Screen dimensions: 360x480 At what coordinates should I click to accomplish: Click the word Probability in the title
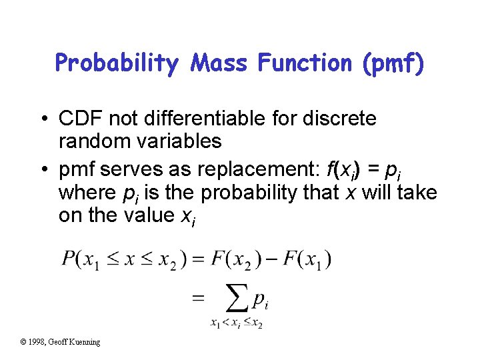pos(118,63)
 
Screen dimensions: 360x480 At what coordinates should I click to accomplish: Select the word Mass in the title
pos(219,63)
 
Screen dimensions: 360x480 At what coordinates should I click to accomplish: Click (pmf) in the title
pos(393,64)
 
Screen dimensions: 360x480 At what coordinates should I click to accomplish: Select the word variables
pos(179,141)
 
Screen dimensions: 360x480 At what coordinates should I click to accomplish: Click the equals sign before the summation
pos(198,299)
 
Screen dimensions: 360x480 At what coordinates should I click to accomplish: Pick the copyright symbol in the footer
pos(23,342)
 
